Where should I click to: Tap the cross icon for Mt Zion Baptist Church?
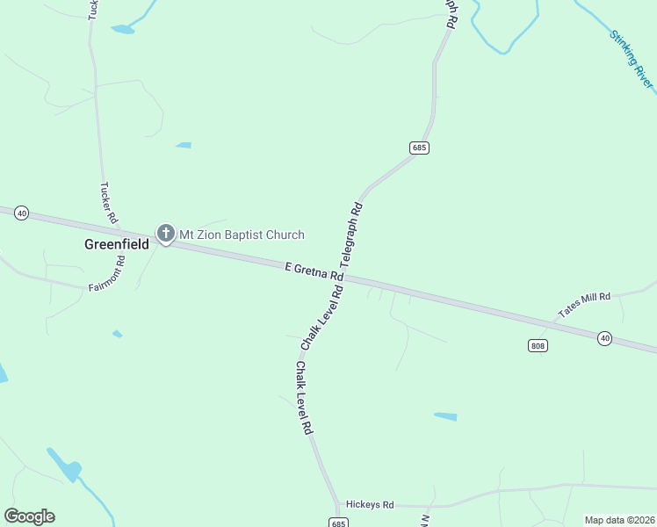(x=164, y=234)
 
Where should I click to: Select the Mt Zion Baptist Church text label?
(x=242, y=235)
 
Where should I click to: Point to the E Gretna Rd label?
(x=314, y=271)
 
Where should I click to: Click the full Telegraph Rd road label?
(x=351, y=235)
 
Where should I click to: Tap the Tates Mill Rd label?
(x=583, y=305)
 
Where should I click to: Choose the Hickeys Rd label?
(x=370, y=505)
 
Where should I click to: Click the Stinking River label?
(x=632, y=60)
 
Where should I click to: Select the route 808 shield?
(x=538, y=345)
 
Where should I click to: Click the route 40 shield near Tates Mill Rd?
(x=604, y=338)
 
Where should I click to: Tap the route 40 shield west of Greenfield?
(x=22, y=213)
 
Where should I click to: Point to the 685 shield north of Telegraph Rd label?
(x=419, y=148)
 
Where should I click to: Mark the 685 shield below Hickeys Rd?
(x=339, y=523)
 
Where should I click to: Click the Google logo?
(x=29, y=516)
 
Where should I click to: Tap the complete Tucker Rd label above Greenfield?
(x=110, y=203)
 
